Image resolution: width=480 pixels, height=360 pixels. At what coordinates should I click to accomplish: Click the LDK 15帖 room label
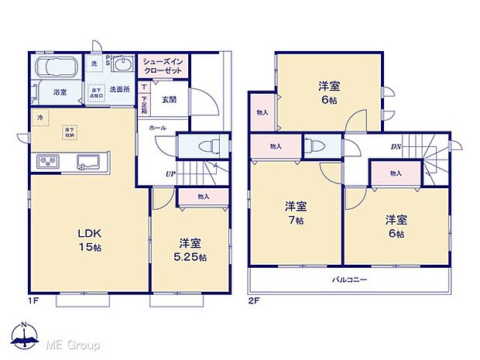pos(87,240)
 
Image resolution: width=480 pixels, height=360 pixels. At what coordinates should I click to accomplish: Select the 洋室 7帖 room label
pos(296,214)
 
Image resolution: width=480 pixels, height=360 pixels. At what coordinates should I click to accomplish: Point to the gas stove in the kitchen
pos(47,162)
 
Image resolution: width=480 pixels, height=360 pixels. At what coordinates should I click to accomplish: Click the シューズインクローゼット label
pos(162,67)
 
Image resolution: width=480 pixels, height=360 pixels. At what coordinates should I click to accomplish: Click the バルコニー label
pos(350,279)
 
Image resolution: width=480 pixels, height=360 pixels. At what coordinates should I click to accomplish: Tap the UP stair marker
pos(169,173)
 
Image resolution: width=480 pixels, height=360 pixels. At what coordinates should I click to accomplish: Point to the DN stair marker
pos(396,146)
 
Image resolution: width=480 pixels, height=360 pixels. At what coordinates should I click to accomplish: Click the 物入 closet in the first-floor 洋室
pos(204,197)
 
